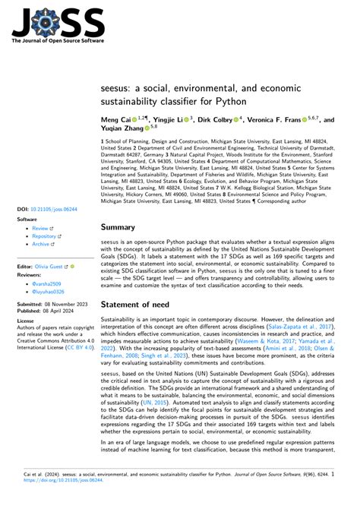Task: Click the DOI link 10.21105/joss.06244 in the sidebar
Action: coord(47,207)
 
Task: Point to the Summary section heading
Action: coord(123,226)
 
